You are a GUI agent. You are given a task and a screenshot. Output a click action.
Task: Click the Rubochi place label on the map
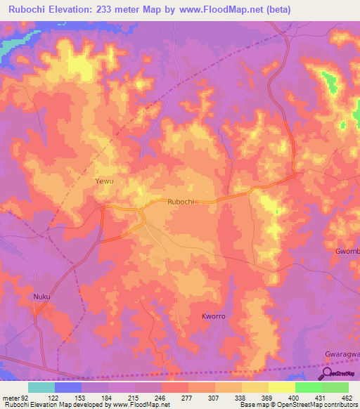[181, 202]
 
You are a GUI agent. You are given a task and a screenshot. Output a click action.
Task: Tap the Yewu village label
[104, 181]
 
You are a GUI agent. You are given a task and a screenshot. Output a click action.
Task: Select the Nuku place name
[42, 297]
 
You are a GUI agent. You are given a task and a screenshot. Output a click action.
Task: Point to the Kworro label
[214, 316]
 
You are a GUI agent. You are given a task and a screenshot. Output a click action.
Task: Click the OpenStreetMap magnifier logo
[327, 373]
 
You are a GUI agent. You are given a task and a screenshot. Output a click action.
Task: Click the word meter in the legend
[10, 397]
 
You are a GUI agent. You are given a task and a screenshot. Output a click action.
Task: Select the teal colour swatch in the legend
[41, 387]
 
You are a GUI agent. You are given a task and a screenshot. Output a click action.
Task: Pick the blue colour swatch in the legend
[68, 387]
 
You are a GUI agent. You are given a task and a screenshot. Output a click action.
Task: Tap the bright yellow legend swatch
[282, 387]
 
